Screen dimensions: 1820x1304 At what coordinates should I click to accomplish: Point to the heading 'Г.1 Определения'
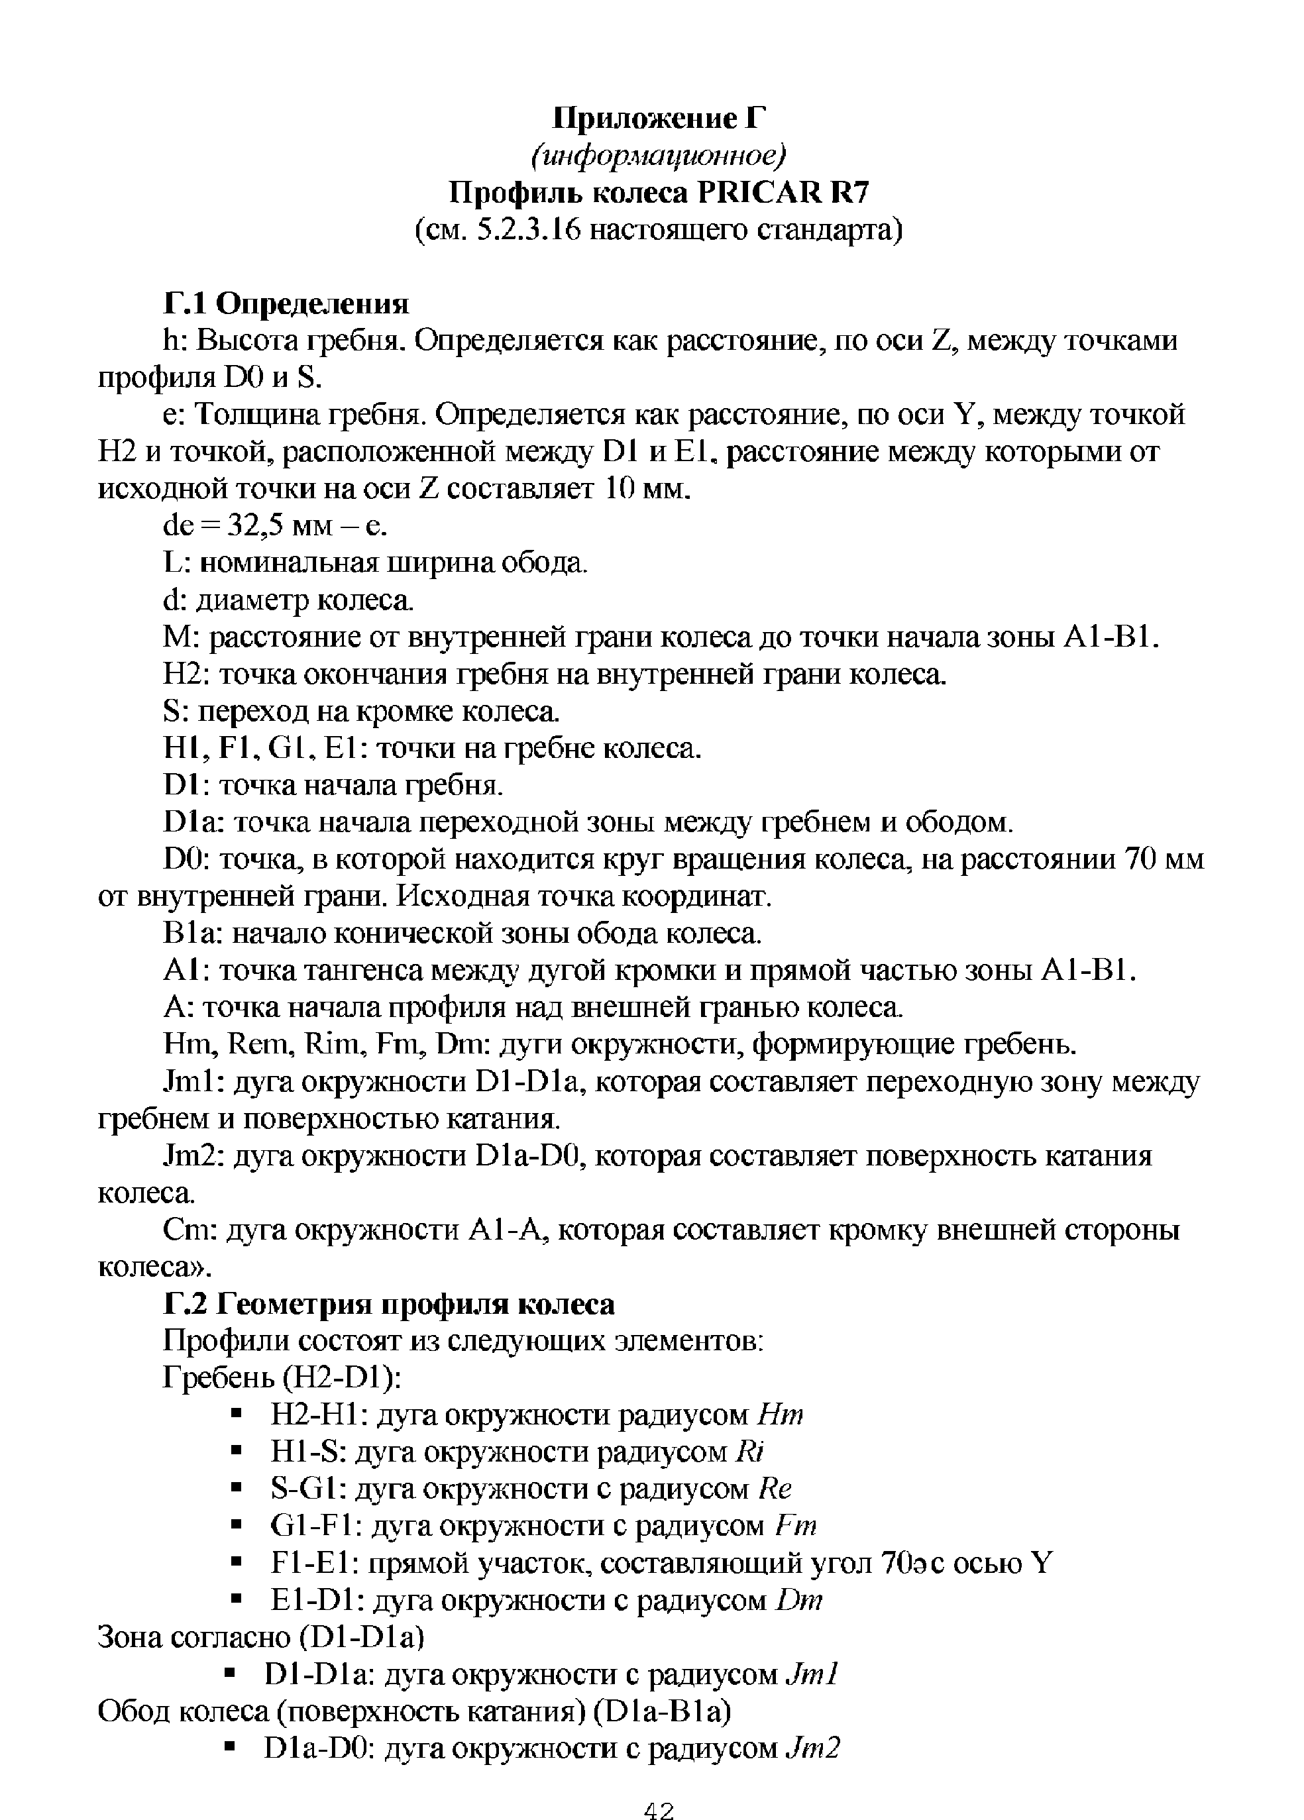(286, 304)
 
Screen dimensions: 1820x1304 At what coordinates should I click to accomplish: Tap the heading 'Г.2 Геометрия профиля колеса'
(388, 1304)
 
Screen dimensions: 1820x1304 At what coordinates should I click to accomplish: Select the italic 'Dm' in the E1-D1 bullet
(800, 1600)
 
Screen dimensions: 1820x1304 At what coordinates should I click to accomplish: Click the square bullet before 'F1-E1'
(236, 1562)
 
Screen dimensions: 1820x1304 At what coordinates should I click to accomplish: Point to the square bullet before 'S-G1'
(236, 1489)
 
